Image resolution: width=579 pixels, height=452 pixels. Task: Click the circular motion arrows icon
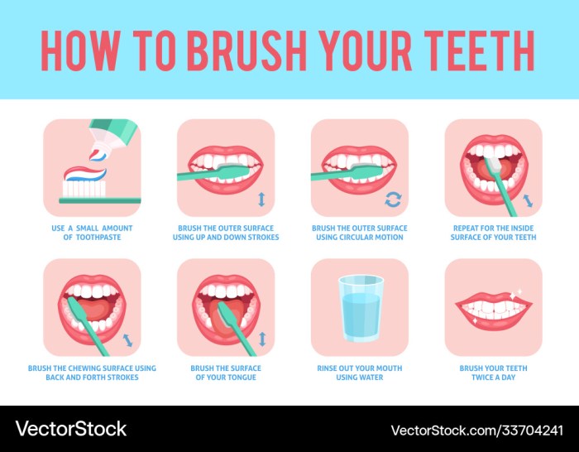(x=394, y=200)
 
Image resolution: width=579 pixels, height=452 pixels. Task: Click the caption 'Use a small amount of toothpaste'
(x=91, y=233)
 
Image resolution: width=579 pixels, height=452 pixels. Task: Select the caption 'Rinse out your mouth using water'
(x=360, y=373)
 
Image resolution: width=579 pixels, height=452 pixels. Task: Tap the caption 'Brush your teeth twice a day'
(x=494, y=373)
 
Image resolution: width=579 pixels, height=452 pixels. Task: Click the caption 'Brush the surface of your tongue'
(x=226, y=373)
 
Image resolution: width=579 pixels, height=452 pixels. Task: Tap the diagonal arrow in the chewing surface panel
(x=127, y=340)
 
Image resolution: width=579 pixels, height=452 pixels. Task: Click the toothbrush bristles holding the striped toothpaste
(x=83, y=188)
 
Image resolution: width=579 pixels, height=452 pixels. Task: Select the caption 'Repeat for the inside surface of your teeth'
(x=494, y=233)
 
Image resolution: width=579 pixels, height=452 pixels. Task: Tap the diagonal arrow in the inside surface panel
(x=529, y=201)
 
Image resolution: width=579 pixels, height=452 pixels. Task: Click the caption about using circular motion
(x=360, y=233)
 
